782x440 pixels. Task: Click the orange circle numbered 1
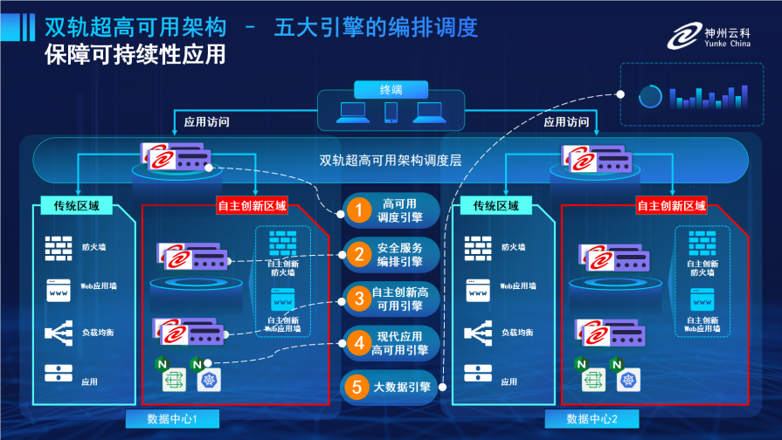357,210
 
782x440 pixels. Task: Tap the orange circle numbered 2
357,255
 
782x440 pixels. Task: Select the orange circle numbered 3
357,299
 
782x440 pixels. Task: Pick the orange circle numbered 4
357,343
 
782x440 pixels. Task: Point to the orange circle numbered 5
356,386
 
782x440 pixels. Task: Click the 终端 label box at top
391,89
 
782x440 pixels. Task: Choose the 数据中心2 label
592,419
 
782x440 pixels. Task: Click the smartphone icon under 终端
391,113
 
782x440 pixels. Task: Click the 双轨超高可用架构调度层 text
390,160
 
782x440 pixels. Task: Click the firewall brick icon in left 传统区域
59,248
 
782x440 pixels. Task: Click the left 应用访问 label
207,122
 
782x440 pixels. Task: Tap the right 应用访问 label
567,122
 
